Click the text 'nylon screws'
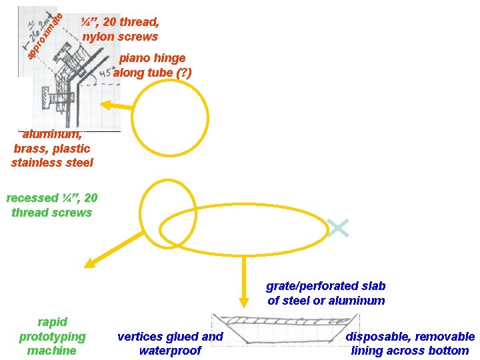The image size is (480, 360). point(120,37)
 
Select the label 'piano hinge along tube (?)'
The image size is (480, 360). point(153,65)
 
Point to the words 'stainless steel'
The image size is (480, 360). point(52,163)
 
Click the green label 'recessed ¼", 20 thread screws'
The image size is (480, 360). point(51,205)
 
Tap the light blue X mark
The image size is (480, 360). point(339,229)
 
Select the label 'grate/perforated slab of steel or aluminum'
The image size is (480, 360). point(326,293)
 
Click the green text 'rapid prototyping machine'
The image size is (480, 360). point(52,337)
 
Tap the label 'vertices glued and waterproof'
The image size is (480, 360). point(170,343)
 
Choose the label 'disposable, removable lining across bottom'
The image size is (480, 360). point(410,343)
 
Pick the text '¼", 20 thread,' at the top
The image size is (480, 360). point(120,22)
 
